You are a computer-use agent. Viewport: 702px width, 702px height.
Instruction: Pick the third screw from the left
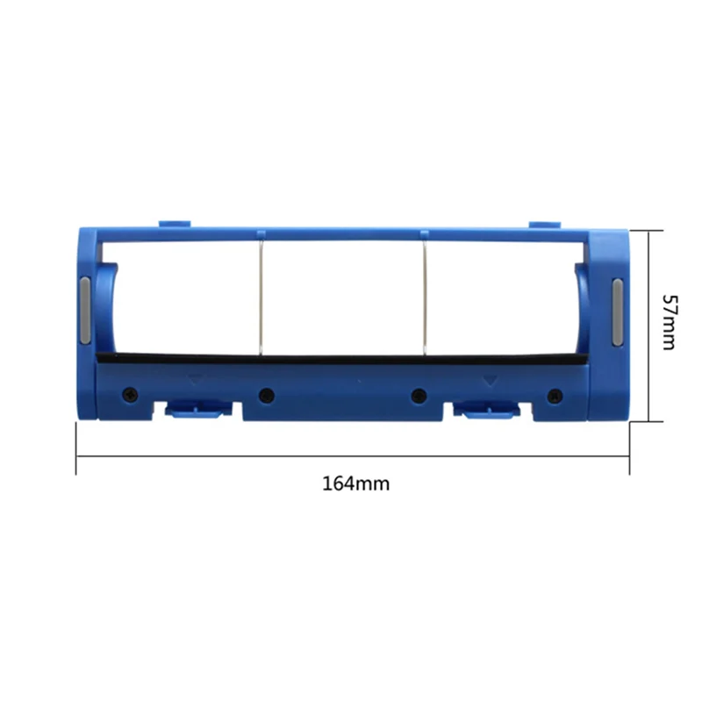(x=419, y=395)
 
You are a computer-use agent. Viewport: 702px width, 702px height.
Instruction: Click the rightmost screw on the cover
(x=554, y=395)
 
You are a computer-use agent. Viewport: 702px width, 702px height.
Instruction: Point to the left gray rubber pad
(x=84, y=311)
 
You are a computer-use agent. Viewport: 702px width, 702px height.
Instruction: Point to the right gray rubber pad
(x=617, y=311)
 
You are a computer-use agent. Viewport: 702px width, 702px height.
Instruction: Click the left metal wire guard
(x=261, y=297)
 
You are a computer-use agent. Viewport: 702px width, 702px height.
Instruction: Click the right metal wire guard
(x=424, y=297)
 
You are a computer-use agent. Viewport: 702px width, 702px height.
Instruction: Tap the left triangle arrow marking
(x=194, y=380)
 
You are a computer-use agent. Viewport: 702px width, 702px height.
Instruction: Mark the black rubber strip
(x=342, y=359)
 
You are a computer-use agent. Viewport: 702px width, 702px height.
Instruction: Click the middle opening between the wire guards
(x=342, y=297)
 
